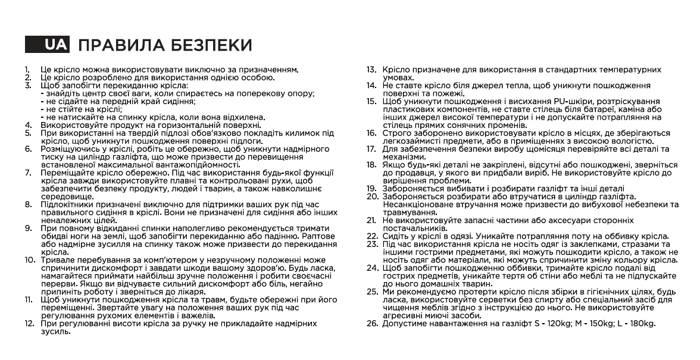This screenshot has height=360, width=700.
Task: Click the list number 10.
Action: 29,261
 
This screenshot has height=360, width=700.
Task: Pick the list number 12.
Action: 29,323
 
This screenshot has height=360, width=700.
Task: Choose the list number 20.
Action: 373,196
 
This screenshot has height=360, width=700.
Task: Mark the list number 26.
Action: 372,323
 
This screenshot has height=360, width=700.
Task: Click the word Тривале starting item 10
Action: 57,261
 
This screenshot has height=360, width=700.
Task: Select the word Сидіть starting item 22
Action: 395,236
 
